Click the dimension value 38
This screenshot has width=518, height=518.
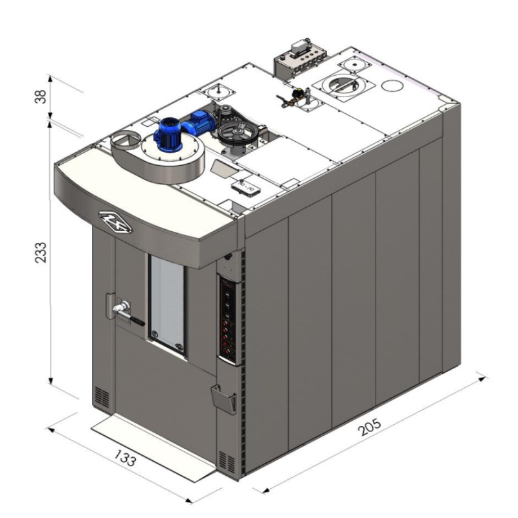(x=41, y=96)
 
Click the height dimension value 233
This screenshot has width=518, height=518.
(x=41, y=253)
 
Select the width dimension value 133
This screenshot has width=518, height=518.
(x=125, y=458)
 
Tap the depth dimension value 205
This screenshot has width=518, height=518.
(x=369, y=427)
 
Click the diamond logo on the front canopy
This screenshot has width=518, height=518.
(x=115, y=222)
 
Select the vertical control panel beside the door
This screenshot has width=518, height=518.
(x=230, y=319)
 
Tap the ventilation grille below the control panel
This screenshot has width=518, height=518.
(x=227, y=461)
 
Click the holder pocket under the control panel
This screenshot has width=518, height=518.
(x=223, y=399)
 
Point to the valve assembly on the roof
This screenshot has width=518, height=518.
(x=293, y=96)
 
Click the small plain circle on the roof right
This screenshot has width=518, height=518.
(x=392, y=85)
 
